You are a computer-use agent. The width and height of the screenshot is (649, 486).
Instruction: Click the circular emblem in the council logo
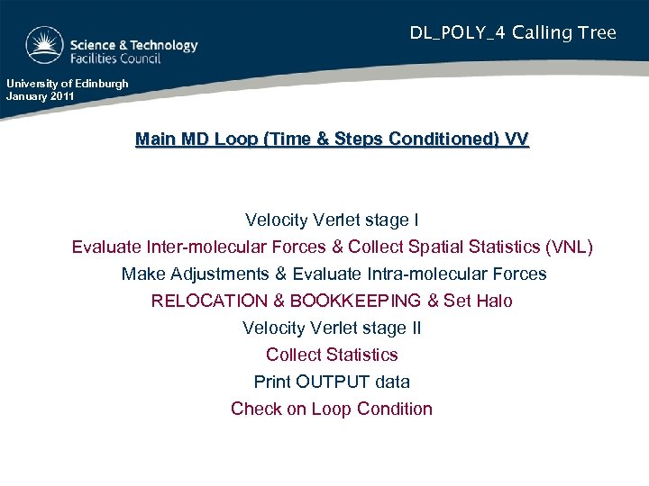(44, 44)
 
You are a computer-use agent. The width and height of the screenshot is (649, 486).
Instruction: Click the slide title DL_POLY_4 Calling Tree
(513, 33)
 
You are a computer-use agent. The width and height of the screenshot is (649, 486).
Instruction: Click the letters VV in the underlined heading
(516, 139)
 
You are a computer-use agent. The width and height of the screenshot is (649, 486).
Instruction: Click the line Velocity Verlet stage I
(332, 220)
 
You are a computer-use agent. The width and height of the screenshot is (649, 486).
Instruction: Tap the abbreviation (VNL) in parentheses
(570, 247)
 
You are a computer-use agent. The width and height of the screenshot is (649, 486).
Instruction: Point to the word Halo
(492, 301)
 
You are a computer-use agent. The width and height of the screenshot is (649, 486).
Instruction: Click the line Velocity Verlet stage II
(332, 328)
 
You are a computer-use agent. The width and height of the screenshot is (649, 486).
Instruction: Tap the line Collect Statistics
(332, 355)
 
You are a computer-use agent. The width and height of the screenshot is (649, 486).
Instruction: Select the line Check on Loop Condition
(332, 409)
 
